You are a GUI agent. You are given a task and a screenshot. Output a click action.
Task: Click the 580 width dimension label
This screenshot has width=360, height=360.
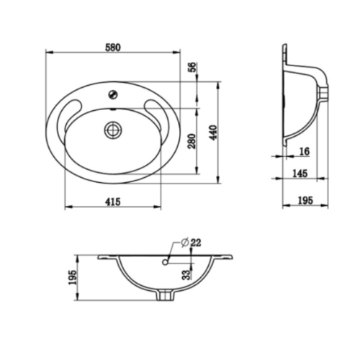(x=112, y=47)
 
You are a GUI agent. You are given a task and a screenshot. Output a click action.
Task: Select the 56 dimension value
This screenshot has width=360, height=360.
(x=192, y=67)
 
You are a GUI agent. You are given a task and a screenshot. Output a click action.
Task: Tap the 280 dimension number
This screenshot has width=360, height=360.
(x=192, y=140)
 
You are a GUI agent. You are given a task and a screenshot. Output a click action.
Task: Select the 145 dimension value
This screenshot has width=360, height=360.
(x=302, y=174)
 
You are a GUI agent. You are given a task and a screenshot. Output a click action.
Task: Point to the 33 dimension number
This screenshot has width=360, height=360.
(x=186, y=274)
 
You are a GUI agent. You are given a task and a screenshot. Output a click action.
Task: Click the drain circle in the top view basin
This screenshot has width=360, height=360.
(x=112, y=130)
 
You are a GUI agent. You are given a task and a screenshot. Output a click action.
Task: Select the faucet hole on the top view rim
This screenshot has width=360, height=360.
(x=112, y=93)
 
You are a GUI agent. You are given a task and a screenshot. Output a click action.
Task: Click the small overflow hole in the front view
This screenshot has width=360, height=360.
(x=166, y=263)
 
